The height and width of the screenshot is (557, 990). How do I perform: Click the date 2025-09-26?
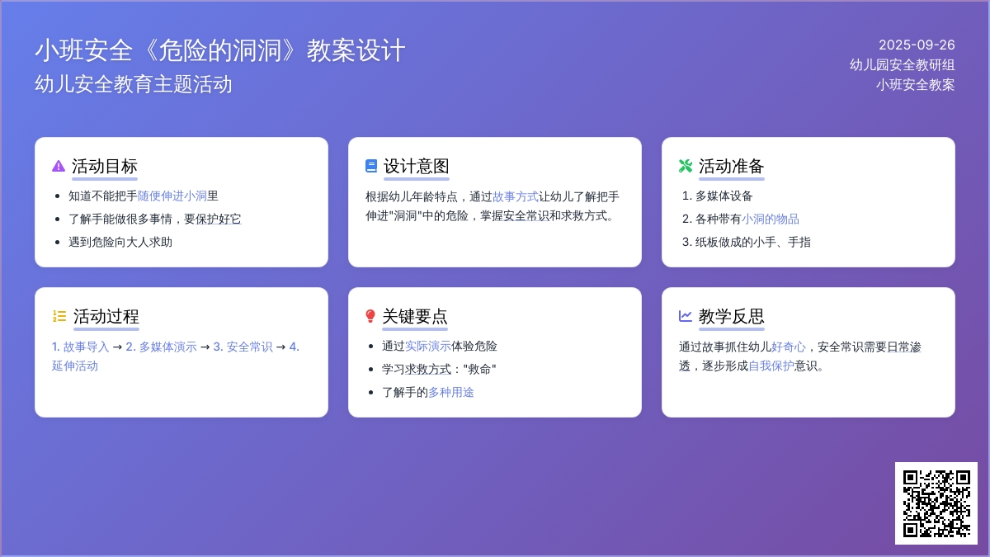click(917, 45)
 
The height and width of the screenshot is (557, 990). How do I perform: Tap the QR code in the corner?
click(936, 503)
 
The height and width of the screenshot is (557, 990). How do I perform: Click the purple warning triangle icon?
click(59, 166)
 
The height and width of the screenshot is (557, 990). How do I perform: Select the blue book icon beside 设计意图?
click(371, 166)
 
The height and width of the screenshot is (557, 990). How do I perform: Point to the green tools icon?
click(686, 166)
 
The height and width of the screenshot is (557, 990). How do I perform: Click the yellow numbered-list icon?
click(59, 316)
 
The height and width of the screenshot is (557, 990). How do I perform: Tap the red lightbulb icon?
click(370, 316)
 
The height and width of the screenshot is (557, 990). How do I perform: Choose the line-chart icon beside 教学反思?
click(686, 316)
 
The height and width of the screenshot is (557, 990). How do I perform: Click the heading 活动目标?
click(105, 166)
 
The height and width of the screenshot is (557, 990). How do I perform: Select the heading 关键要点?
click(415, 316)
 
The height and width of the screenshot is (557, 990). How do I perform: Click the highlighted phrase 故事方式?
click(516, 196)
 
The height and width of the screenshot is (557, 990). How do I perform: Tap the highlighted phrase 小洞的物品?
click(770, 219)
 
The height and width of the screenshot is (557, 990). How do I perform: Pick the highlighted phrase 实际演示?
click(428, 346)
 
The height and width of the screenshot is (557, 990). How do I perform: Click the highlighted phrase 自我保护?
click(771, 366)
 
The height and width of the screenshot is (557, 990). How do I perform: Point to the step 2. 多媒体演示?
click(162, 347)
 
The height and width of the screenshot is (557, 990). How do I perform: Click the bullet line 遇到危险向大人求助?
click(120, 242)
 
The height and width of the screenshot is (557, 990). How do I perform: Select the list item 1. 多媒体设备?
click(717, 196)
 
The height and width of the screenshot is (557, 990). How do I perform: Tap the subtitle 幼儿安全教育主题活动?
click(134, 84)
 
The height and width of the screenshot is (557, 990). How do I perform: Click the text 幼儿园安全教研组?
click(902, 65)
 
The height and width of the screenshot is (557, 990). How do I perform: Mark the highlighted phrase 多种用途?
click(450, 392)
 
